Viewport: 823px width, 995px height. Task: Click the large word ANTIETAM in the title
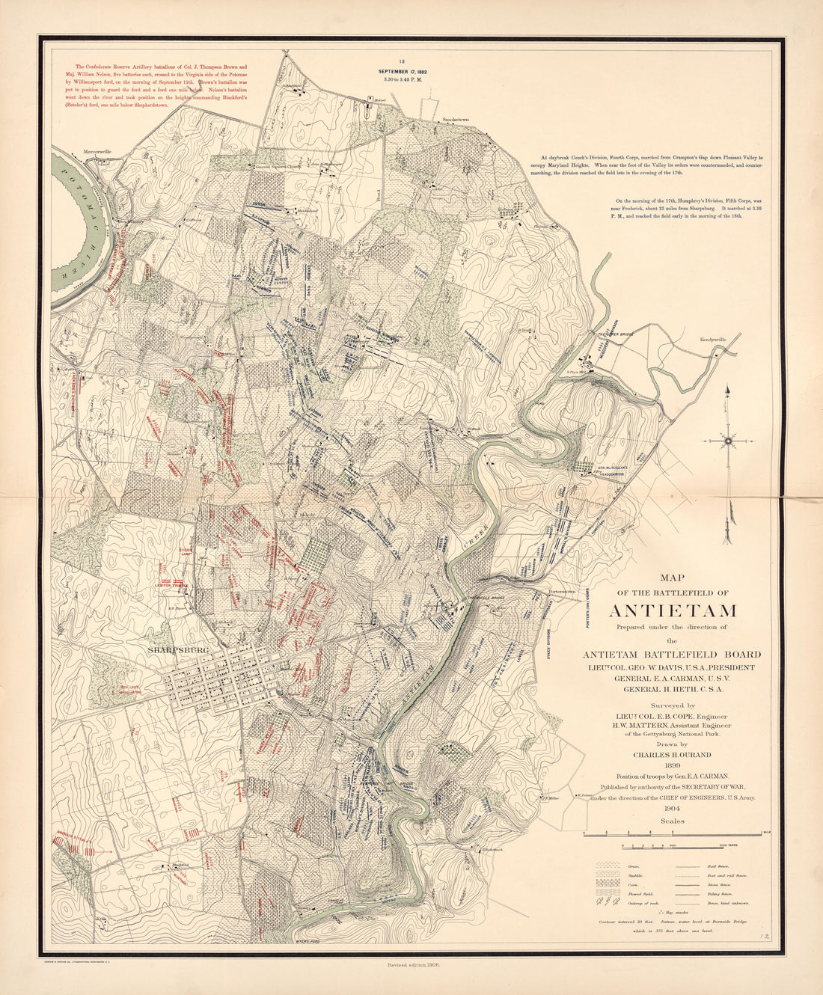tap(673, 610)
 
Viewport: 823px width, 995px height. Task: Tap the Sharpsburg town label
tap(177, 650)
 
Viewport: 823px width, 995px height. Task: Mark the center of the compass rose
tap(728, 441)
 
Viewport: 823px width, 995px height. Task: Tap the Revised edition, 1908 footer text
tap(412, 966)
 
